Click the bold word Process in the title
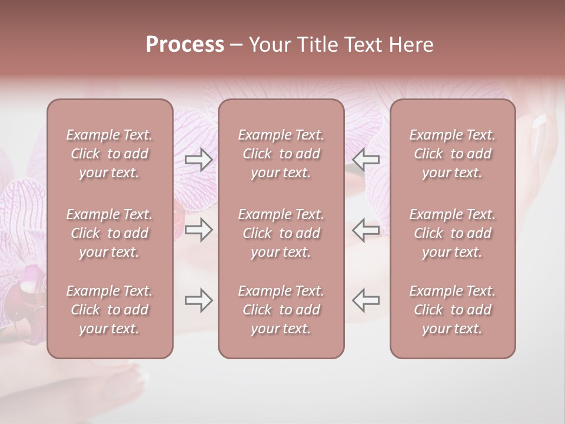click(x=185, y=45)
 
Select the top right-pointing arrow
click(x=198, y=160)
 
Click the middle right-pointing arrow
click(x=198, y=230)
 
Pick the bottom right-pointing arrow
click(x=198, y=300)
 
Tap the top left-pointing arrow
click(x=365, y=160)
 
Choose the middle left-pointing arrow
click(x=365, y=230)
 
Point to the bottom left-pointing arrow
click(x=365, y=300)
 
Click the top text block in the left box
click(x=109, y=154)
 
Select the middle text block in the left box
click(x=109, y=233)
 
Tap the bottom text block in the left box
click(x=109, y=310)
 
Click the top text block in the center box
click(x=281, y=154)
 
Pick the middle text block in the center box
click(x=281, y=233)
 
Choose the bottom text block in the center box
click(x=281, y=310)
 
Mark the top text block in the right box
click(x=453, y=154)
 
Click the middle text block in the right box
click(x=453, y=233)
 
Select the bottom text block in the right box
click(x=453, y=310)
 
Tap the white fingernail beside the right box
click(x=539, y=122)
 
